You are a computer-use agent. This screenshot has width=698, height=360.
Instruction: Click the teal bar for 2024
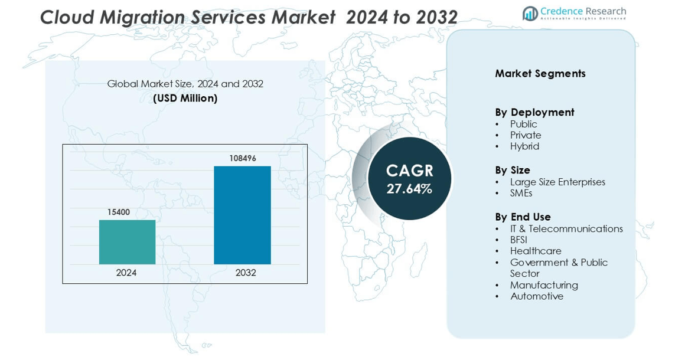127,242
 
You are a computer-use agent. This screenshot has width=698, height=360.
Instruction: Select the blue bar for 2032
242,215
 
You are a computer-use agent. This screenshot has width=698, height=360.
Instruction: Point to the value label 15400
118,212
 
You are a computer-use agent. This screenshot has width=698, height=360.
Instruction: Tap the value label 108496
242,158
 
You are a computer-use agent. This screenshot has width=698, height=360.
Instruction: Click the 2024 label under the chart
126,273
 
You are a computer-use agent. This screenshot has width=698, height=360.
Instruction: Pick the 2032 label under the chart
246,273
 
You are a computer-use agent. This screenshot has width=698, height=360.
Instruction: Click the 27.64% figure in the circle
409,189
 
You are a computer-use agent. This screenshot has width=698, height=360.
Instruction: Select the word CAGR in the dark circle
409,171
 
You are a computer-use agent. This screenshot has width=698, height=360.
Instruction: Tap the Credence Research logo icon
530,13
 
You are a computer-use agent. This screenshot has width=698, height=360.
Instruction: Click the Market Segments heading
540,74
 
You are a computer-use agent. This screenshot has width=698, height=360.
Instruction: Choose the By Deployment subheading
534,112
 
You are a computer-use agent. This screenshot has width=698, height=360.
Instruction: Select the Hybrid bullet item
524,146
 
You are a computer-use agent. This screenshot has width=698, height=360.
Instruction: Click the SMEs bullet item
521,193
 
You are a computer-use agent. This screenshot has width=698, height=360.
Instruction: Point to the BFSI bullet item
518,240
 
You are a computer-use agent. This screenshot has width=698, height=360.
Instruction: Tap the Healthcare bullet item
536,251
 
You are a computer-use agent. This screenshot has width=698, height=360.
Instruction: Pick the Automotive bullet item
537,296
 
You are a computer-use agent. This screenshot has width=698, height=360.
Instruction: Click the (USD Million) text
185,99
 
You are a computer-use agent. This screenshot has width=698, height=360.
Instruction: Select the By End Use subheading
523,217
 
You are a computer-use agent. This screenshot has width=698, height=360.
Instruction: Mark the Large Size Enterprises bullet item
557,182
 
